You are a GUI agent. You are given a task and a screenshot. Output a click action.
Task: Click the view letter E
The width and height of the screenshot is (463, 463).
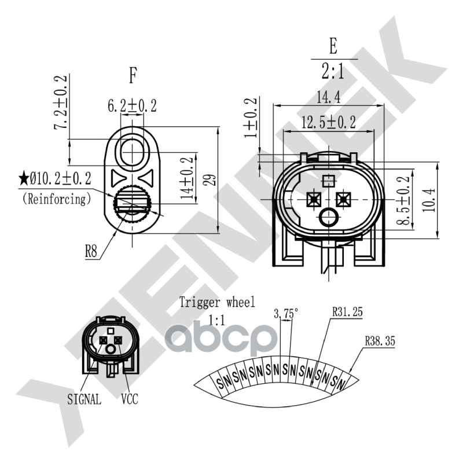click(x=333, y=45)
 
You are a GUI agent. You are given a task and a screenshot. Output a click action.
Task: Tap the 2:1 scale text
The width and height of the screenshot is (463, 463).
click(x=333, y=71)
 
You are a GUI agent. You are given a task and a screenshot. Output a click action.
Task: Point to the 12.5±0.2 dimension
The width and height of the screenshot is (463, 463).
click(x=329, y=123)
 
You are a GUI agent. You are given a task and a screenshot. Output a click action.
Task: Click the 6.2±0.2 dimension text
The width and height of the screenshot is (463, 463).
click(x=132, y=105)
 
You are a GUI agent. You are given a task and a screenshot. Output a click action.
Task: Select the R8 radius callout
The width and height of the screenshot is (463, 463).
click(x=91, y=252)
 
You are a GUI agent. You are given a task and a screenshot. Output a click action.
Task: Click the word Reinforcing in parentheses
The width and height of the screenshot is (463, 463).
click(x=57, y=199)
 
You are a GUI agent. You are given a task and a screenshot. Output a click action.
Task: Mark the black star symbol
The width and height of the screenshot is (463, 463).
click(x=24, y=177)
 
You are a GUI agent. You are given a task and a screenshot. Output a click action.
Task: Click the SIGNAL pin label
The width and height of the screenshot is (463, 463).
click(x=84, y=399)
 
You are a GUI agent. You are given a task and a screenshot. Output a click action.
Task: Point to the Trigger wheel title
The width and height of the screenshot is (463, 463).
click(x=216, y=301)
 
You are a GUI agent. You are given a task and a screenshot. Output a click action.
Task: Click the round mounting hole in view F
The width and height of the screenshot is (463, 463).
click(x=134, y=152)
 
